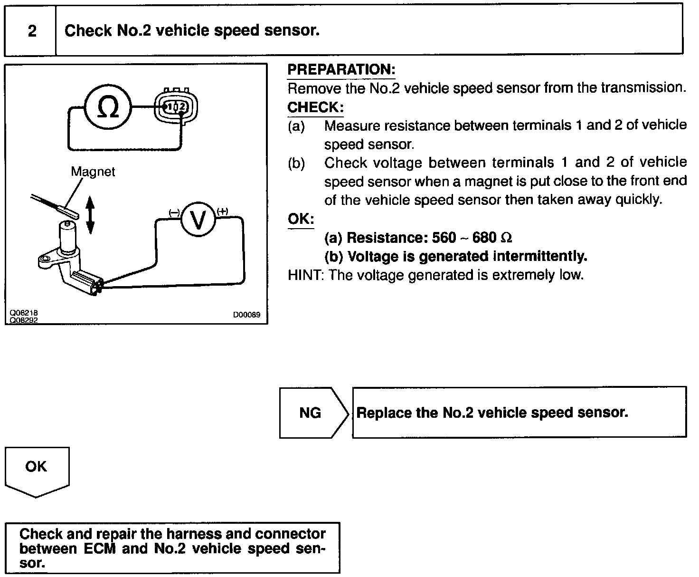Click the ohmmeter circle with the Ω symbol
tap(108, 106)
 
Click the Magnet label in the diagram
tap(93, 172)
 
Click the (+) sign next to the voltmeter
tap(222, 212)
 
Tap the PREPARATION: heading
tap(341, 70)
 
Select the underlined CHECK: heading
tap(315, 107)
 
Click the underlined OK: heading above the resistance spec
tap(301, 219)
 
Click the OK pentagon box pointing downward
tap(37, 470)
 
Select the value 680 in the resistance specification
tap(484, 238)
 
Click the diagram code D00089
tap(246, 315)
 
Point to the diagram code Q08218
tap(24, 313)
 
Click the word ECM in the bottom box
tap(99, 548)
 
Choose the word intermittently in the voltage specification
tap(540, 257)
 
